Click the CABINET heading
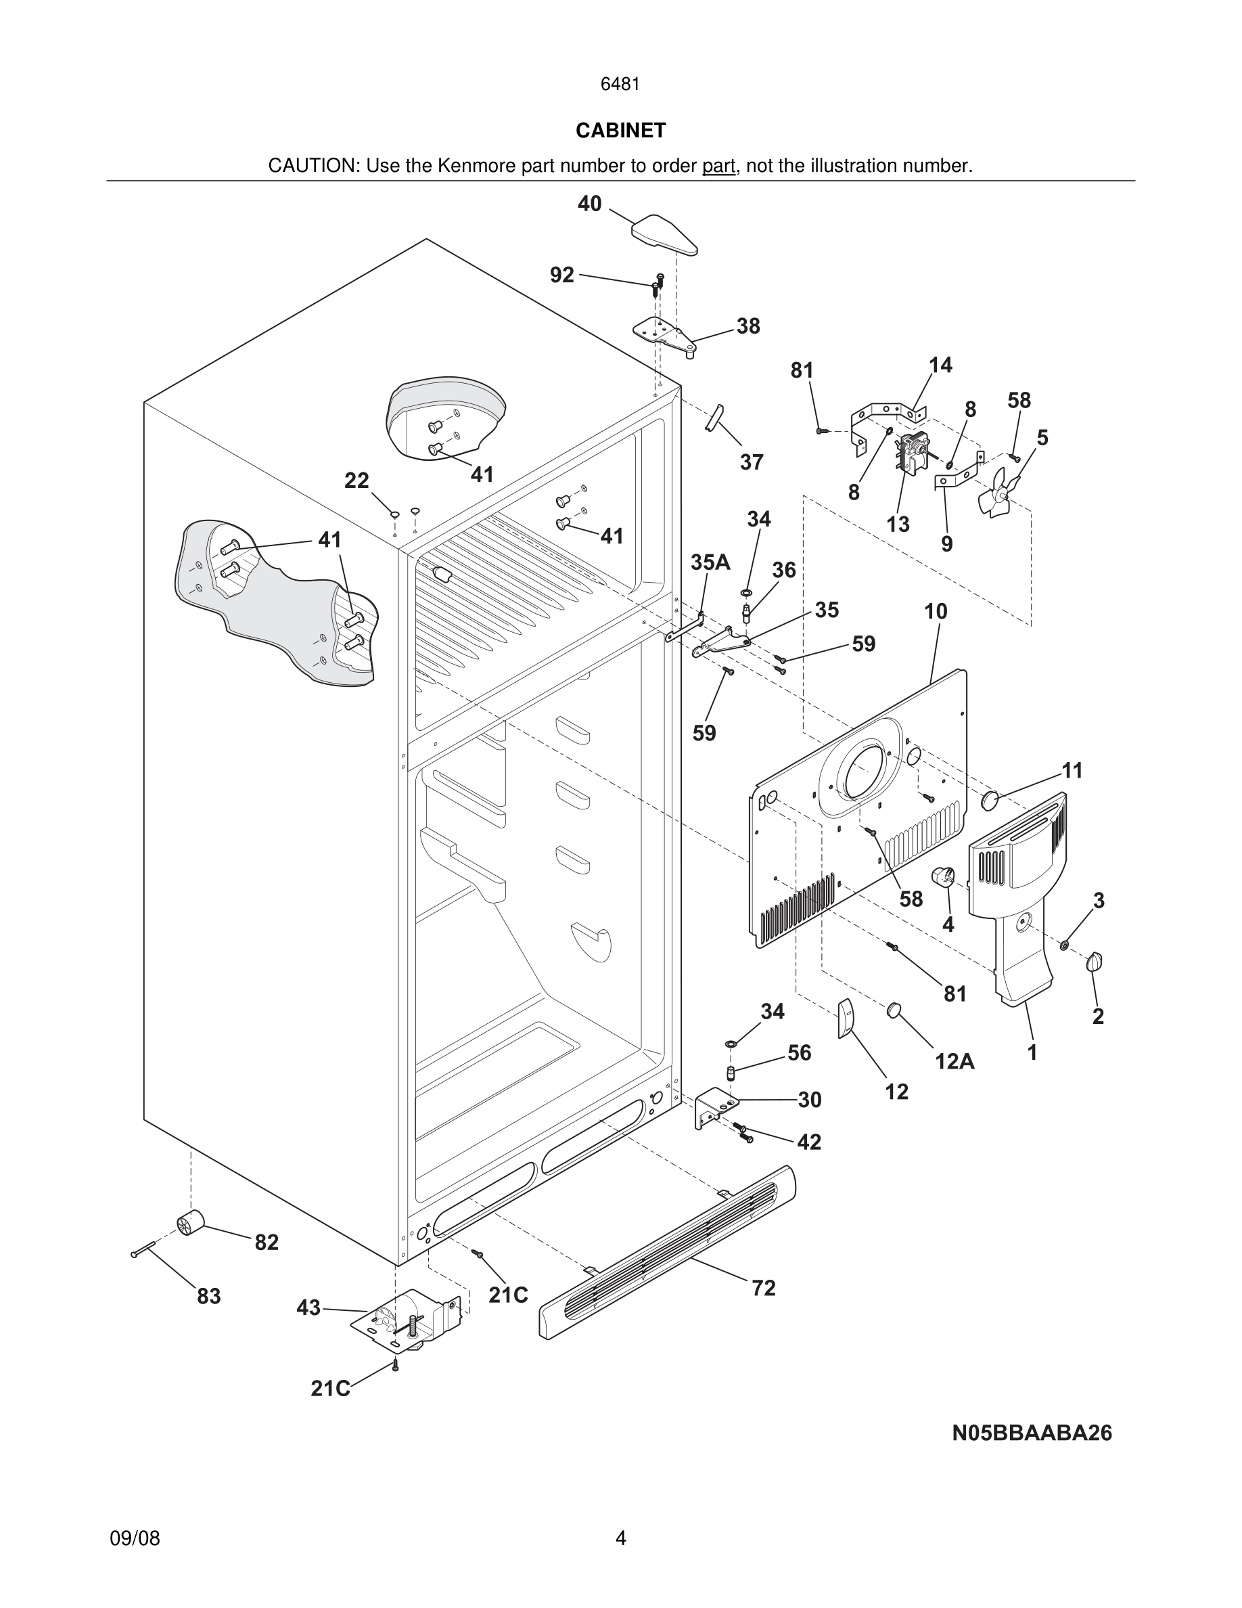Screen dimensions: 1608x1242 620,131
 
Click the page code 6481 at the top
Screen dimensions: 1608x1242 620,85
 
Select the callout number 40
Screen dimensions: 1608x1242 589,204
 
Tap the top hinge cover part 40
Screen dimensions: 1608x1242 664,235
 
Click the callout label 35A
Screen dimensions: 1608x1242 710,562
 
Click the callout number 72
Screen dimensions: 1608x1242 763,1288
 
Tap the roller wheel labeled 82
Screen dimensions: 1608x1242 191,1224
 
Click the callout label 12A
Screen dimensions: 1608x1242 954,1061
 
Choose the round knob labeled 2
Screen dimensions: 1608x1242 1095,962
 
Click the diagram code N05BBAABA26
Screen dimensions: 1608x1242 1032,1433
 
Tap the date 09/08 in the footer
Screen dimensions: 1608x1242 135,1538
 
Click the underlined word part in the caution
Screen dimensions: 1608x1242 718,166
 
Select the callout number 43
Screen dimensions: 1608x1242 308,1308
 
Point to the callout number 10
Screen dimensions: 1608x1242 935,611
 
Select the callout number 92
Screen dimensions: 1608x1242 562,275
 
